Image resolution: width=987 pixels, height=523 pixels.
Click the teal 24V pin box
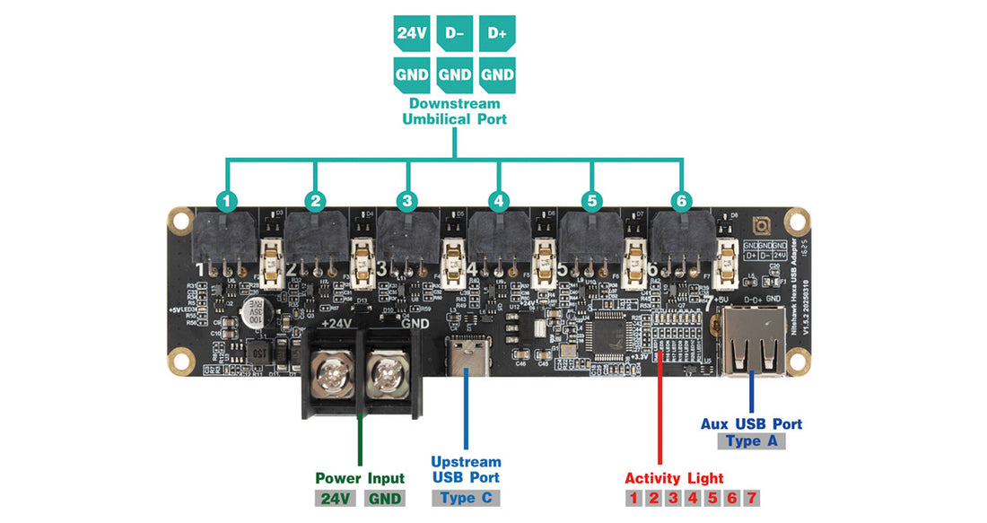coord(411,34)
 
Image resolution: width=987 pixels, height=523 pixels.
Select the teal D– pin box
coord(454,34)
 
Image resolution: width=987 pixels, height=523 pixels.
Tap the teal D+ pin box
coord(497,34)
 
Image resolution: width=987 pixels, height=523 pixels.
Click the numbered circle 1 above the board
coord(228,201)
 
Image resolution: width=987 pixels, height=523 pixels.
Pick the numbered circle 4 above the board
coord(499,201)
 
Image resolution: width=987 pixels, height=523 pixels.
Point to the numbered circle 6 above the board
coord(681,201)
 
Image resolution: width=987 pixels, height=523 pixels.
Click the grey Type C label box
coord(465,498)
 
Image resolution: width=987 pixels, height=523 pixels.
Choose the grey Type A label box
coord(751,441)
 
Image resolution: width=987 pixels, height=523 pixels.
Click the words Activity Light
coord(674,478)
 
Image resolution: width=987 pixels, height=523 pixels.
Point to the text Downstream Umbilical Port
coord(454,111)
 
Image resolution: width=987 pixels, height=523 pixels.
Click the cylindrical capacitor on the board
coord(249,313)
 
